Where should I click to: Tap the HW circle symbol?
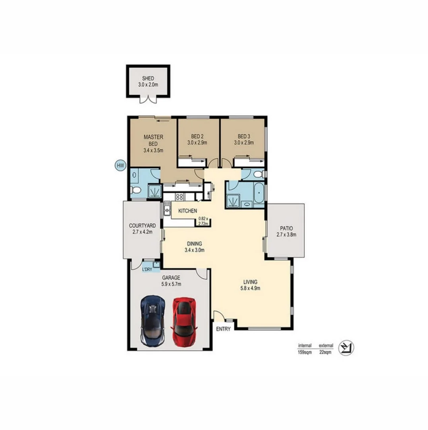coord(119,165)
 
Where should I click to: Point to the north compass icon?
coord(345,348)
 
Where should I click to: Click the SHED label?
coord(148,79)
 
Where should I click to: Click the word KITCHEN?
coord(187,211)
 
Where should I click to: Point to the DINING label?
coord(195,244)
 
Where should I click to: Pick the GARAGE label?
coord(171,278)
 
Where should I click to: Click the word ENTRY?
coord(223,329)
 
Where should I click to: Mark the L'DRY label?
coord(147,270)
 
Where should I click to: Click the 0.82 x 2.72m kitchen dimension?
coord(203,221)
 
